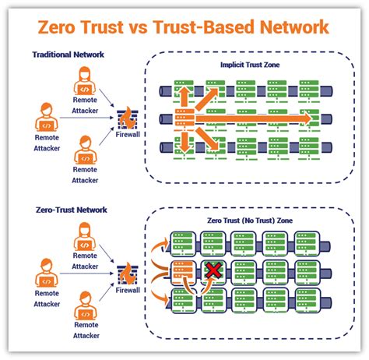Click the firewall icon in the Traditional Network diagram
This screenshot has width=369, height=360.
[127, 118]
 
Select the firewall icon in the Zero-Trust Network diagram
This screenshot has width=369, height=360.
[127, 273]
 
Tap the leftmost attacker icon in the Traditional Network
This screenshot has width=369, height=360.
[46, 118]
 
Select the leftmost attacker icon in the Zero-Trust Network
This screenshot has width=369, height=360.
[46, 274]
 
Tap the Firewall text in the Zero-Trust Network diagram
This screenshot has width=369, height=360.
[127, 291]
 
